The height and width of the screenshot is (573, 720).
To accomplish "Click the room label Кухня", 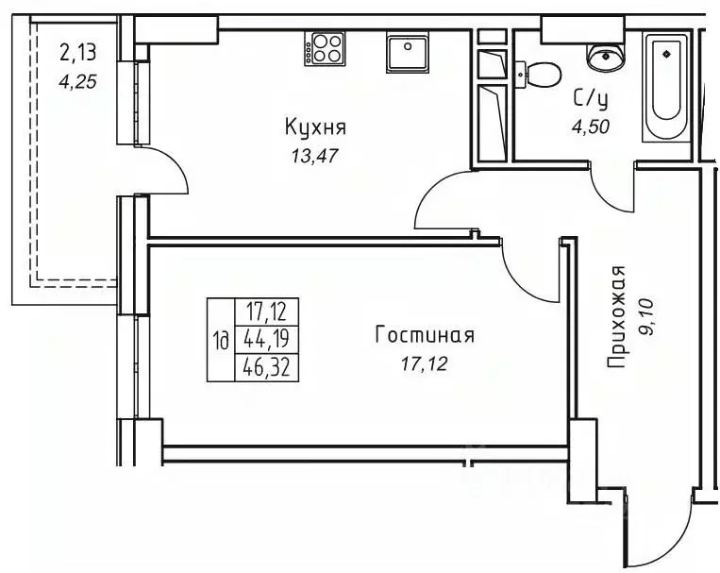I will (x=316, y=126).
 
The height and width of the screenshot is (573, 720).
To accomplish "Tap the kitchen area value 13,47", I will (x=314, y=155).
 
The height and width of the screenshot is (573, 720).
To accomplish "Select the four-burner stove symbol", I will (x=326, y=47).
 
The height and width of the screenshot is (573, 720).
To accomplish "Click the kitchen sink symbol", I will (x=409, y=52).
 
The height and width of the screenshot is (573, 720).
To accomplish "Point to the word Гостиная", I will (x=424, y=335).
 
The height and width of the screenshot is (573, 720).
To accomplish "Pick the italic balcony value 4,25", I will (x=77, y=80).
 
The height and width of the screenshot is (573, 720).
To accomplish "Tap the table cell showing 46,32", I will (x=266, y=367).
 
